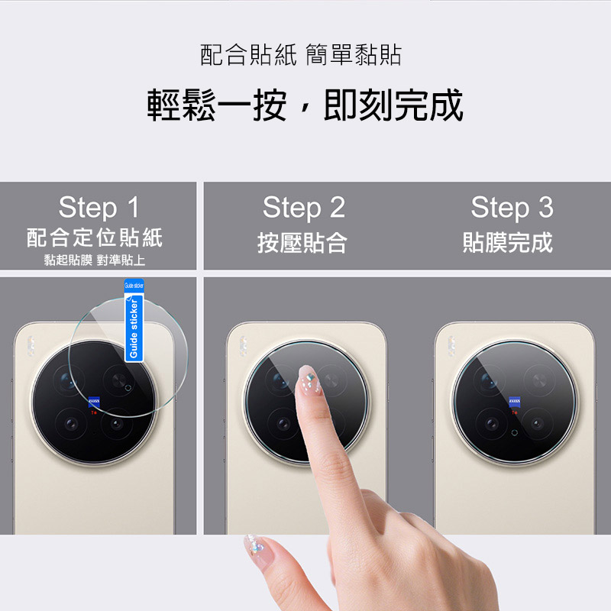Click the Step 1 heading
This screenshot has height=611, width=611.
click(99, 207)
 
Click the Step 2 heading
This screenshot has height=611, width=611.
click(304, 208)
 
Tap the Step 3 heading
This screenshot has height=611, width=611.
click(512, 208)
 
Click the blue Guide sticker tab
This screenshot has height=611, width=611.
click(134, 320)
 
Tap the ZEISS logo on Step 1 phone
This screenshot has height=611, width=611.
click(94, 402)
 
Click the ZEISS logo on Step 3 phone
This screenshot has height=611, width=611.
click(514, 402)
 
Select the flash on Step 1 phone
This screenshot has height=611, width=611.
click(31, 347)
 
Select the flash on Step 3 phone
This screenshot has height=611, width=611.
click(451, 347)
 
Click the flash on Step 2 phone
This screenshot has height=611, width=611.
click(243, 347)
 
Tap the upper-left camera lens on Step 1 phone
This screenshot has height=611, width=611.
click(69, 380)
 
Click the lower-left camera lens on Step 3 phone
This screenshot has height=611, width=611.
click(491, 423)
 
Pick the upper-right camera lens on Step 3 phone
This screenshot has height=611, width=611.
click(539, 380)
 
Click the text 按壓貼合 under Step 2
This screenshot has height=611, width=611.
click(302, 242)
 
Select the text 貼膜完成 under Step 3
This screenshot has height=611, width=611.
click(508, 242)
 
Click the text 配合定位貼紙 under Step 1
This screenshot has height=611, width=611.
click(95, 238)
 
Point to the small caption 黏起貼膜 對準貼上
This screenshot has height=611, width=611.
click(95, 260)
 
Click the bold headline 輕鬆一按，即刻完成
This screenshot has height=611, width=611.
click(305, 105)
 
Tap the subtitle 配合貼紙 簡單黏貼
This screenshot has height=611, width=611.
click(301, 54)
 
